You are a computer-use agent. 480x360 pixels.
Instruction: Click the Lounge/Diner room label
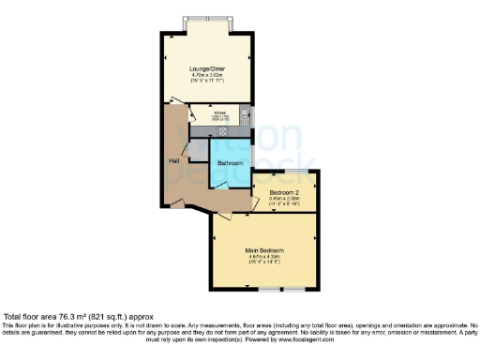click(x=206, y=68)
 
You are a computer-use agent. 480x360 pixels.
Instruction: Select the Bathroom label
click(x=231, y=163)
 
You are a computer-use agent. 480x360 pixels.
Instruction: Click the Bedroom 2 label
click(x=284, y=191)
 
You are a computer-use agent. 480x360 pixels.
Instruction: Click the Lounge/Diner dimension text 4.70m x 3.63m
click(x=206, y=76)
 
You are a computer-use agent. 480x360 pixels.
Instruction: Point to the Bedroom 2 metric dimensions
click(x=284, y=199)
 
